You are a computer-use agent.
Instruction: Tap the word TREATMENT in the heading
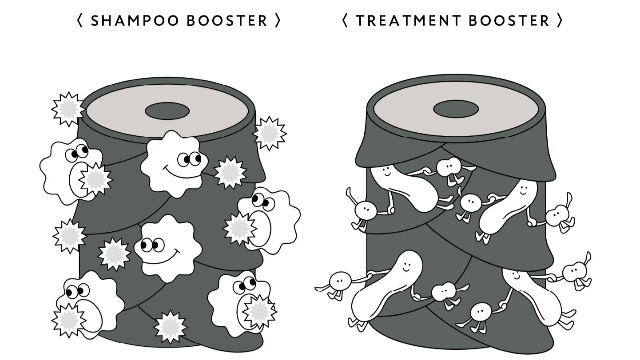pos(408,21)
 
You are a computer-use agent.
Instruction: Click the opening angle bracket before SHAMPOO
pos(80,21)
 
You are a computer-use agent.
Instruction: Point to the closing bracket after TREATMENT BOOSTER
pos(560,21)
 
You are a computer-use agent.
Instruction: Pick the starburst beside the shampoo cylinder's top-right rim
pos(269,133)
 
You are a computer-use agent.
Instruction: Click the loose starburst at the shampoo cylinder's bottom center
pos(170,327)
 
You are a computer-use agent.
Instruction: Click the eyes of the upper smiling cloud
pos(190,158)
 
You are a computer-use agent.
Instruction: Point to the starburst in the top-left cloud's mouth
pos(95,178)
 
